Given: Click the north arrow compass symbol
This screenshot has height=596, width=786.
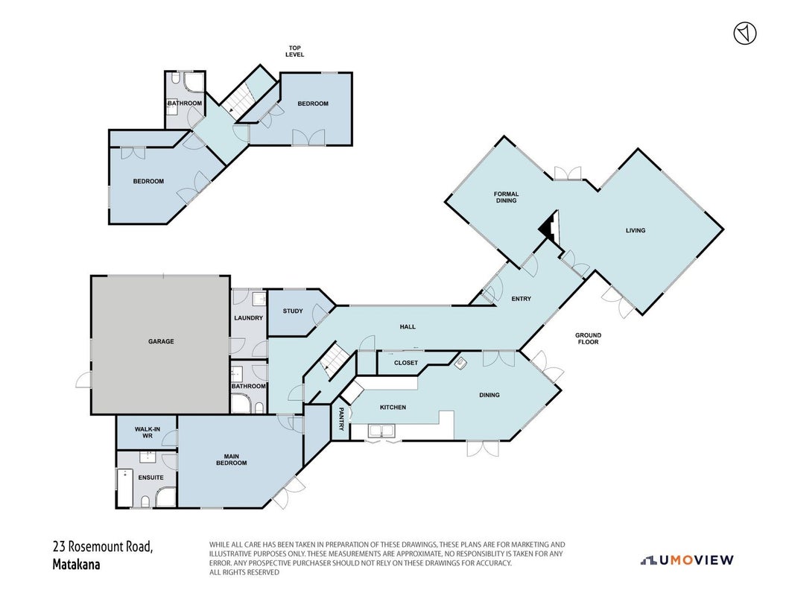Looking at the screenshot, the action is (x=745, y=34).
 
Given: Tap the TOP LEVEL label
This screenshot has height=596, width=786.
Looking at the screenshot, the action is (x=295, y=51).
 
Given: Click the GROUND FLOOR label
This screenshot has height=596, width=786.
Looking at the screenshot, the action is (x=588, y=338).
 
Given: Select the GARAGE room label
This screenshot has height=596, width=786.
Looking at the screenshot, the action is (x=161, y=341).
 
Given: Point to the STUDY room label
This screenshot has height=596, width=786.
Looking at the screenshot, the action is (x=293, y=311).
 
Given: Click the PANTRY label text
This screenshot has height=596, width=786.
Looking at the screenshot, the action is (x=341, y=419).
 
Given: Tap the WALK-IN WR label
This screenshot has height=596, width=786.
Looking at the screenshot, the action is (x=148, y=433).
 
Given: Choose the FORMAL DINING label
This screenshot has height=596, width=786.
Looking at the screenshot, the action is (x=507, y=197).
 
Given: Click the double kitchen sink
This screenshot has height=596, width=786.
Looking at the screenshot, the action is (x=382, y=431).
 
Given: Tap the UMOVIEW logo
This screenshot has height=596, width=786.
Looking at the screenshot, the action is (x=687, y=560).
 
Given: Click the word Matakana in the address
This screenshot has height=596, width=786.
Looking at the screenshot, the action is (x=76, y=565).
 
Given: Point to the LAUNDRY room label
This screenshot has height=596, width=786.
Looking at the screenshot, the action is (x=249, y=318).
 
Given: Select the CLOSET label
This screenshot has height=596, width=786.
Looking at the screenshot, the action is (x=406, y=362).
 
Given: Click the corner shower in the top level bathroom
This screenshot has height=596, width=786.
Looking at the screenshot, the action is (x=194, y=82).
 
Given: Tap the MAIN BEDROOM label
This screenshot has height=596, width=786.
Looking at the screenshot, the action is (x=232, y=460).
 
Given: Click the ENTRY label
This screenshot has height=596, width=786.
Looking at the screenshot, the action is (x=522, y=299).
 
